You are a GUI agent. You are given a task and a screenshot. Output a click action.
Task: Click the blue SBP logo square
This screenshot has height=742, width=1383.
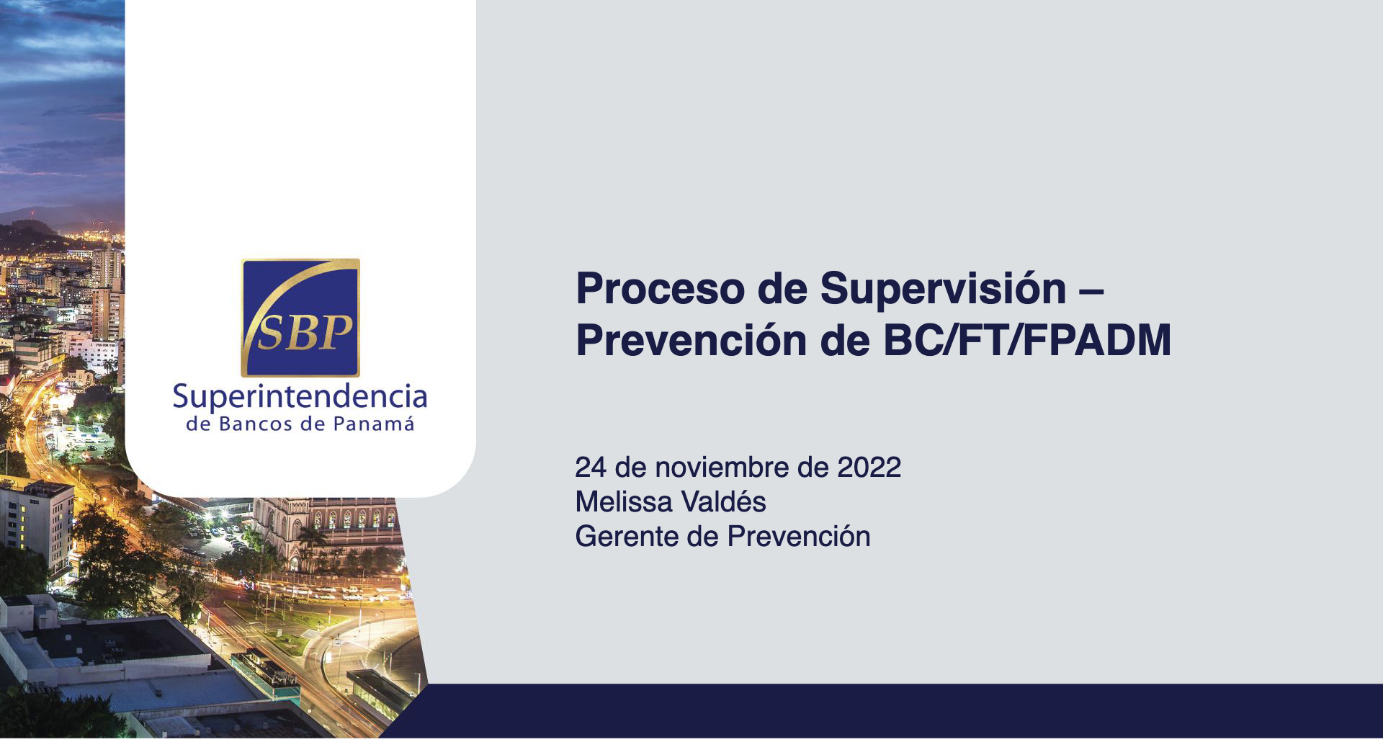pos(300,318)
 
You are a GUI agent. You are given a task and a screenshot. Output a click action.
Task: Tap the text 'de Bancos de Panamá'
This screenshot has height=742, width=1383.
pos(300,424)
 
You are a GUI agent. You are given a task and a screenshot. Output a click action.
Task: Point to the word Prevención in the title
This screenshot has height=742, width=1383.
pos(691,340)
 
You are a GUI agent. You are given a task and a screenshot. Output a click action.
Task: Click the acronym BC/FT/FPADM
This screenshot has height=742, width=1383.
pos(1027,340)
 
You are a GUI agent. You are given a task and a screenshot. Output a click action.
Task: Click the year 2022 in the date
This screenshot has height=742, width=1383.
pos(869,468)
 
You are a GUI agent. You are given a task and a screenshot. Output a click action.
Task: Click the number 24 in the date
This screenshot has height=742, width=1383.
pos(591,468)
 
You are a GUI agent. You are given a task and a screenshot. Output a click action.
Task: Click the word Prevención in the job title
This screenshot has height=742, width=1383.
pos(799,536)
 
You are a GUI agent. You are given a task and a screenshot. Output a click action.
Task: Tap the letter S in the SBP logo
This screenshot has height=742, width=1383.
pos(272,334)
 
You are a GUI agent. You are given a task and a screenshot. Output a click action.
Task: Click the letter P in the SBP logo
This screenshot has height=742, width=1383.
pos(336,333)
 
